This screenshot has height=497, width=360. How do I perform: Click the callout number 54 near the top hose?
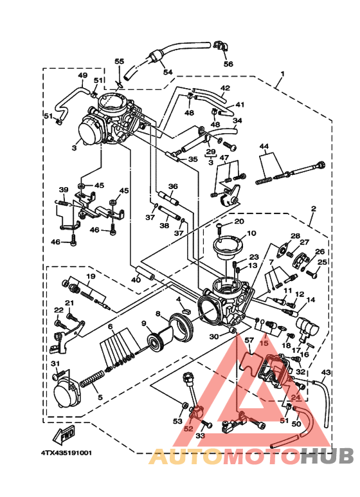click(x=168, y=73)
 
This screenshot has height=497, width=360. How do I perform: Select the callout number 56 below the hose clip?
click(x=228, y=64)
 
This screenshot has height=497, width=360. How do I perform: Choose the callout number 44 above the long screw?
click(x=264, y=147)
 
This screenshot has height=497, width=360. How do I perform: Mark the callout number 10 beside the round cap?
click(x=251, y=233)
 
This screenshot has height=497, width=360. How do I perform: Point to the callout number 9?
click(x=144, y=323)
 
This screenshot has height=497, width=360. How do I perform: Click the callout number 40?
click(x=136, y=280)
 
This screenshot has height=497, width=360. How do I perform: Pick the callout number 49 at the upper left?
click(x=82, y=75)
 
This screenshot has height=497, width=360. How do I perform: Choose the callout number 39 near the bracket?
click(x=63, y=190)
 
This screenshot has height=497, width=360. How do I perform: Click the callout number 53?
click(x=177, y=421)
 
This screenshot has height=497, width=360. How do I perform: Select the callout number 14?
click(x=310, y=300)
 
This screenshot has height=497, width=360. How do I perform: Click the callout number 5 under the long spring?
click(x=100, y=397)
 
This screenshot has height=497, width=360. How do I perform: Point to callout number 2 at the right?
click(x=314, y=209)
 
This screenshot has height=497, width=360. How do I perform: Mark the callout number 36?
click(x=172, y=186)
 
